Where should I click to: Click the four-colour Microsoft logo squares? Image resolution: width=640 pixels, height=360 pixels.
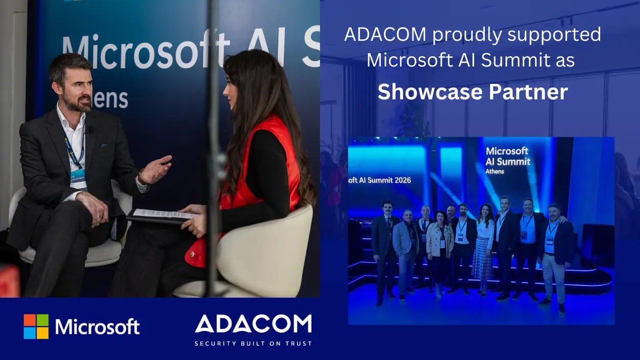36,326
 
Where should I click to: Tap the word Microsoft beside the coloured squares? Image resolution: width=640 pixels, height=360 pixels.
97,327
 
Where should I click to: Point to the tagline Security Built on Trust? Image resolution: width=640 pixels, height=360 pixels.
253,344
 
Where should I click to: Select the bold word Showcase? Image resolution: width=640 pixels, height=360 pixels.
429,92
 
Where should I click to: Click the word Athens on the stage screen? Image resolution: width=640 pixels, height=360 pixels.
495,172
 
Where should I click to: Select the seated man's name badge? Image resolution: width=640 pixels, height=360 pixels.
78,179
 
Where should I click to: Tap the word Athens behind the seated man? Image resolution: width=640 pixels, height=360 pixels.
108,99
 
